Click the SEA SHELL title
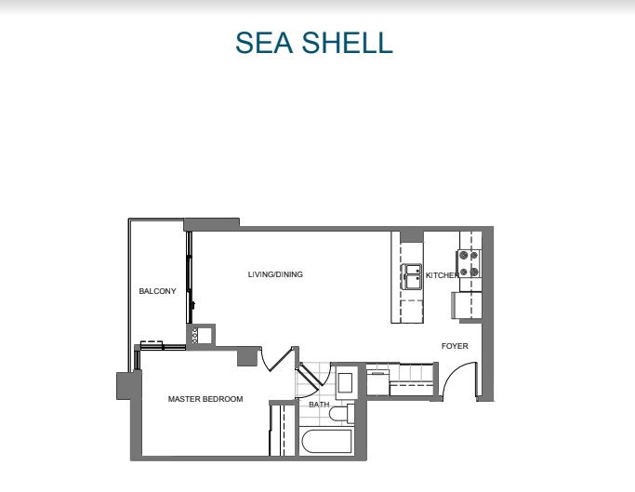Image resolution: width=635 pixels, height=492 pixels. pyautogui.click(x=313, y=43)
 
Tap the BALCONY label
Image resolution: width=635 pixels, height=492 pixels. pyautogui.click(x=157, y=292)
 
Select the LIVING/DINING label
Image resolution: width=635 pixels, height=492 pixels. pyautogui.click(x=275, y=274)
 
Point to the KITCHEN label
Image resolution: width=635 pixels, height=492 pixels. pyautogui.click(x=441, y=275)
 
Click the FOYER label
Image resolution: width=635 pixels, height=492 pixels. pyautogui.click(x=455, y=346)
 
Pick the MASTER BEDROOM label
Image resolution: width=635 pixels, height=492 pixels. pyautogui.click(x=205, y=399)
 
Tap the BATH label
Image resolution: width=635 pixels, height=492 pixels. pyautogui.click(x=319, y=405)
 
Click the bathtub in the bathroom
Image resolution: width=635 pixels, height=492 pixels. pyautogui.click(x=325, y=442)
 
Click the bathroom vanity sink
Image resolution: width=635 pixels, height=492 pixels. pyautogui.click(x=344, y=382)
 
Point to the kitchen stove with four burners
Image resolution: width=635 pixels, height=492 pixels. pyautogui.click(x=469, y=264)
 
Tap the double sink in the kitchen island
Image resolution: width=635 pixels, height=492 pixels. pyautogui.click(x=411, y=277)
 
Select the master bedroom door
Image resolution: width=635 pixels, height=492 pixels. pyautogui.click(x=275, y=360)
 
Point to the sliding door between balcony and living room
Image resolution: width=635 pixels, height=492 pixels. pyautogui.click(x=190, y=279)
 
